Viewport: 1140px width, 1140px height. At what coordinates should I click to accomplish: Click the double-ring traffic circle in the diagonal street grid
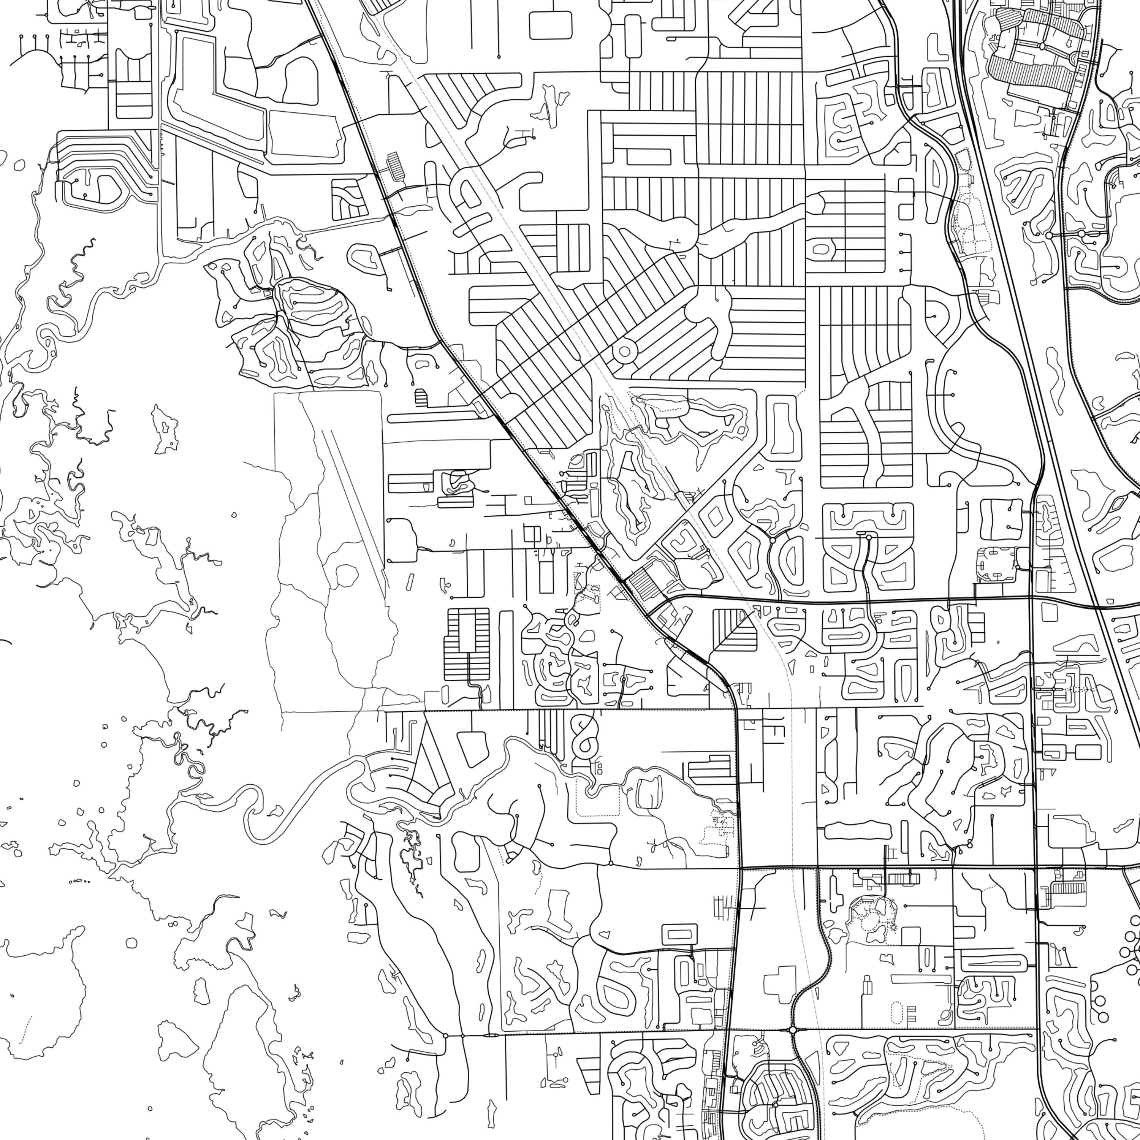coord(624,352)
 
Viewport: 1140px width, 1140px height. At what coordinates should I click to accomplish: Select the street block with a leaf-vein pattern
coord(735,630)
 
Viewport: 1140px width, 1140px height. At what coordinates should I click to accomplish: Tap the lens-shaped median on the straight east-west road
coord(491,1035)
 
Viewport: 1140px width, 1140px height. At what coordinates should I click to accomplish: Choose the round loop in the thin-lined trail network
coord(346,574)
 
